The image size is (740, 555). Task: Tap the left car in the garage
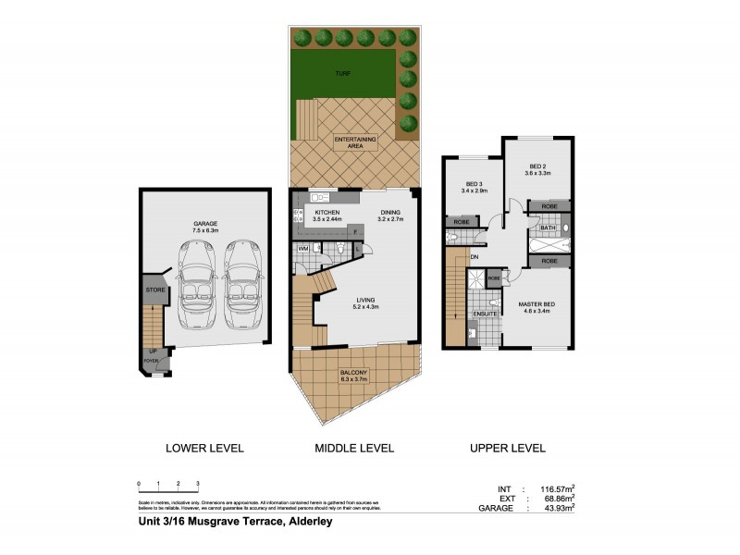tap(195, 284)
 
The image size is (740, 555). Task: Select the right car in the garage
tap(240, 284)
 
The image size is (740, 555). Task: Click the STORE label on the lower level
tap(154, 290)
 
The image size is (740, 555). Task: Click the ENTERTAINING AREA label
tap(355, 142)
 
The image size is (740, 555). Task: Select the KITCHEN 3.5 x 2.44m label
tap(327, 217)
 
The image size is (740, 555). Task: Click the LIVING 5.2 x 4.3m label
tap(363, 302)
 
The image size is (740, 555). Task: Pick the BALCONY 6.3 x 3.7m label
tap(343, 376)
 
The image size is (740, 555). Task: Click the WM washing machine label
tap(302, 250)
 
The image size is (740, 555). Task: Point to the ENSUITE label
tap(486, 314)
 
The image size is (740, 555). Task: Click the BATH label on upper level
tap(547, 228)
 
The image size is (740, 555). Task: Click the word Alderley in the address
tap(302, 522)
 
